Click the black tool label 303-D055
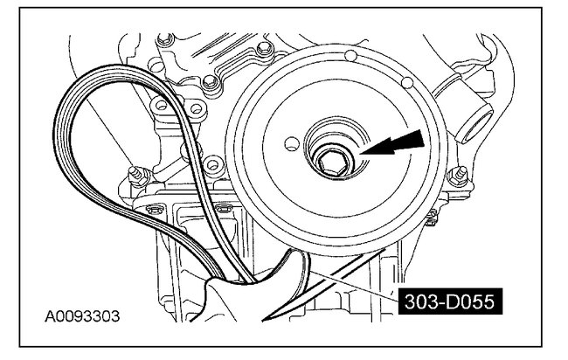[450, 301]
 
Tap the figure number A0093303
[82, 316]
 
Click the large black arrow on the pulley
[392, 143]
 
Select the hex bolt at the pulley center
[333, 161]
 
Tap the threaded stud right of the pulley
[459, 176]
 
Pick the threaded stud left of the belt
[138, 176]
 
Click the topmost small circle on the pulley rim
[350, 56]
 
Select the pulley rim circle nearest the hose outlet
[407, 83]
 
